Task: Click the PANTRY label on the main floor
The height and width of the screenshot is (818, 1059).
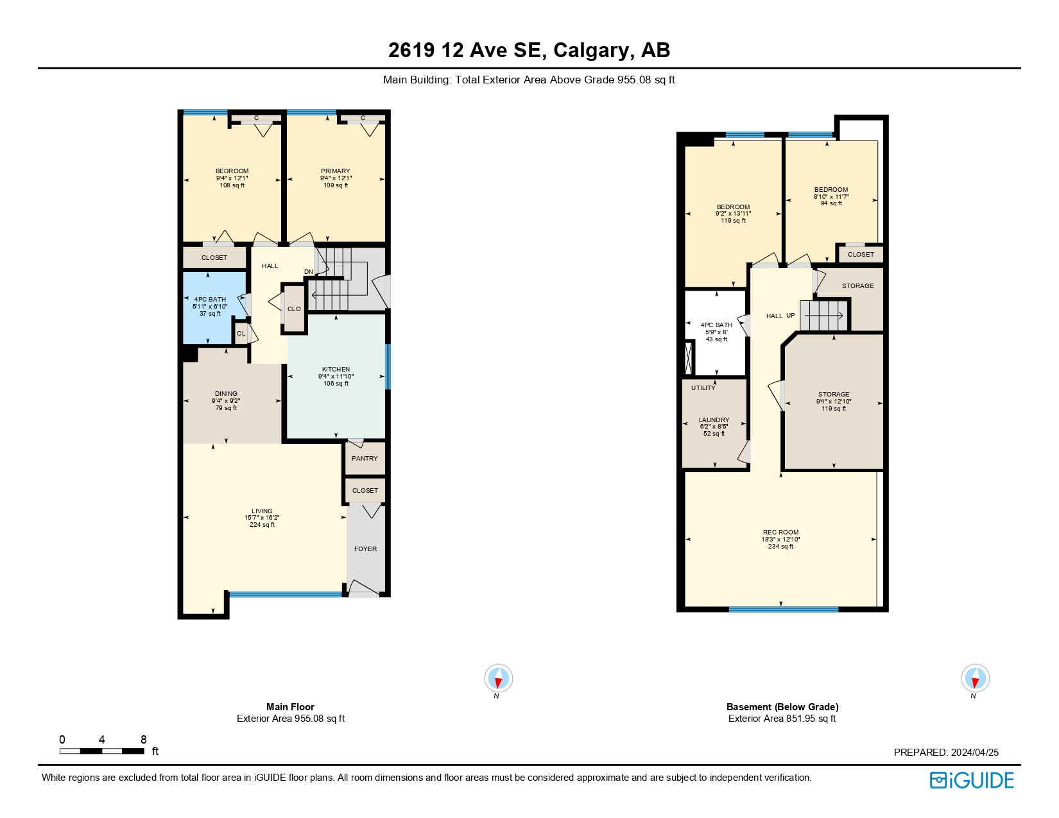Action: click(365, 459)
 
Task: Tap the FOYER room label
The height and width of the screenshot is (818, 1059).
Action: click(365, 549)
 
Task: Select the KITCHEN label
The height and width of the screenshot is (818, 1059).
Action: click(336, 370)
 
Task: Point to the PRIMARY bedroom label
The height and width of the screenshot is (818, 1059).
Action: click(335, 171)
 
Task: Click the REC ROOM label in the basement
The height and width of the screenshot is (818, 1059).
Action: click(780, 533)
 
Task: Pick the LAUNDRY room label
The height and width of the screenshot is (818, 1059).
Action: click(714, 420)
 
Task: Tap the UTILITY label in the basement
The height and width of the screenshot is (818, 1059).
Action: click(703, 388)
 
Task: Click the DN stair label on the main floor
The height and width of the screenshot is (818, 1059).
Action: click(309, 272)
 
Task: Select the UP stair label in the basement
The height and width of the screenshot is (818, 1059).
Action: click(791, 316)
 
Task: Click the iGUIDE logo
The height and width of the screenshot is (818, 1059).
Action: click(972, 781)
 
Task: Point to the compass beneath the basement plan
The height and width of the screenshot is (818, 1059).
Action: click(975, 678)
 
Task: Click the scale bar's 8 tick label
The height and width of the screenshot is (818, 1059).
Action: click(143, 740)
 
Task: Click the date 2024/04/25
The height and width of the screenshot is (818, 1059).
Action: click(975, 752)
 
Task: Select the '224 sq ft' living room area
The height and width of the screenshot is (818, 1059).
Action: click(263, 525)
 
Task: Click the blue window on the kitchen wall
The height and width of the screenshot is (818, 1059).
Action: click(388, 367)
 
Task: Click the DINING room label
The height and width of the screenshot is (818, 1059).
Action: click(226, 394)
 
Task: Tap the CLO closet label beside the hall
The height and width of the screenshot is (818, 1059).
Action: click(294, 309)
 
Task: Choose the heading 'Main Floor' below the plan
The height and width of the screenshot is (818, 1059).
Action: click(291, 707)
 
